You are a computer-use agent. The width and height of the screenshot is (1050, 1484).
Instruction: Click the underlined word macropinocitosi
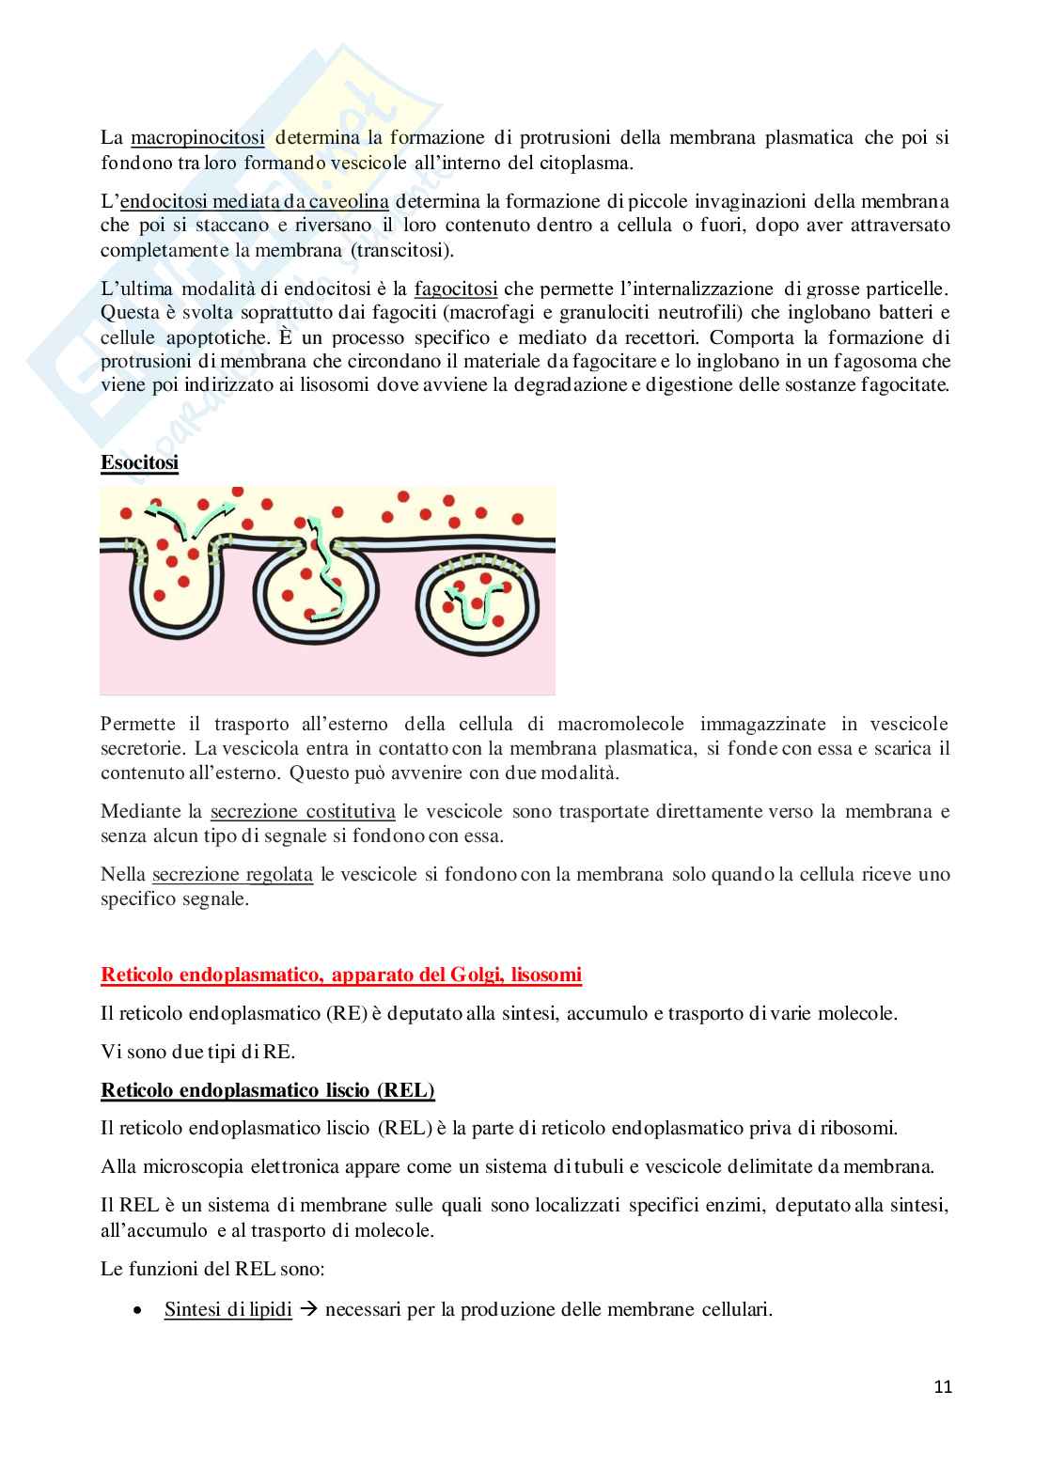(x=197, y=138)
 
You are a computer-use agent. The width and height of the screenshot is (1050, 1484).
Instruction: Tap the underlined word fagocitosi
(x=455, y=289)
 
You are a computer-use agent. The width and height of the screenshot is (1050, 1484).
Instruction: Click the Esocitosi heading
(x=139, y=463)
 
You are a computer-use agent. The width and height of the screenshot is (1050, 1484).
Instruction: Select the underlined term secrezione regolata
(x=232, y=874)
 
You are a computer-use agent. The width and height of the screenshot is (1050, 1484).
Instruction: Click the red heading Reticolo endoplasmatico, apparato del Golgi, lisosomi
(x=340, y=975)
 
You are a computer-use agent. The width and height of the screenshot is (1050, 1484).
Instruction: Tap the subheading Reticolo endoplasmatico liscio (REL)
(x=268, y=1091)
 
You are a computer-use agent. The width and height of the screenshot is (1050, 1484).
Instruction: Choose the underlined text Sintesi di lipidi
(x=227, y=1309)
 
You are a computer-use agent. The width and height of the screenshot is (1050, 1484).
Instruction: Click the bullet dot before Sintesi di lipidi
(x=138, y=1310)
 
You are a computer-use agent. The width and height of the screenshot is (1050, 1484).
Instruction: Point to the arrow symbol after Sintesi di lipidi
(x=307, y=1309)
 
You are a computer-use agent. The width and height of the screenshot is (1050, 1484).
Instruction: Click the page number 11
(x=943, y=1386)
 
